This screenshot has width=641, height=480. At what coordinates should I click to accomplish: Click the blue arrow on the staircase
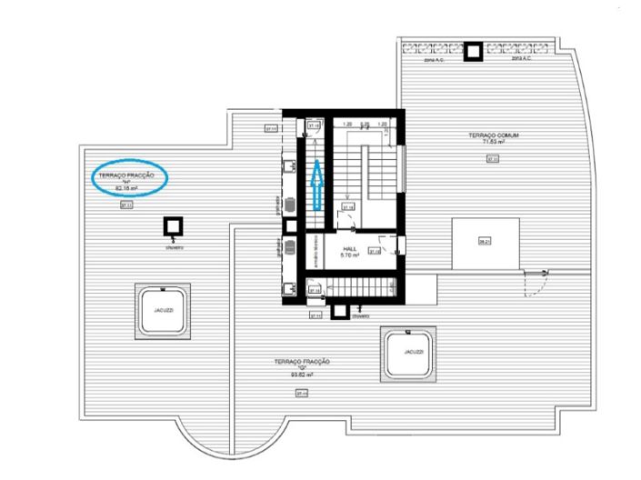pyautogui.click(x=315, y=185)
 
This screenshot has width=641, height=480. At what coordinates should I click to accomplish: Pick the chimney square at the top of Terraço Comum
pyautogui.click(x=473, y=53)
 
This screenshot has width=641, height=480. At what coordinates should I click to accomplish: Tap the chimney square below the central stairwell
pyautogui.click(x=341, y=310)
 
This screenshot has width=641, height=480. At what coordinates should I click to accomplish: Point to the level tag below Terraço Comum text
pyautogui.click(x=493, y=159)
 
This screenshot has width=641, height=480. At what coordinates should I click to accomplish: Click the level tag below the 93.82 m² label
pyautogui.click(x=301, y=393)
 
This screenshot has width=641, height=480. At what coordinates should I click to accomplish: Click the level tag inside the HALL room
pyautogui.click(x=375, y=251)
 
